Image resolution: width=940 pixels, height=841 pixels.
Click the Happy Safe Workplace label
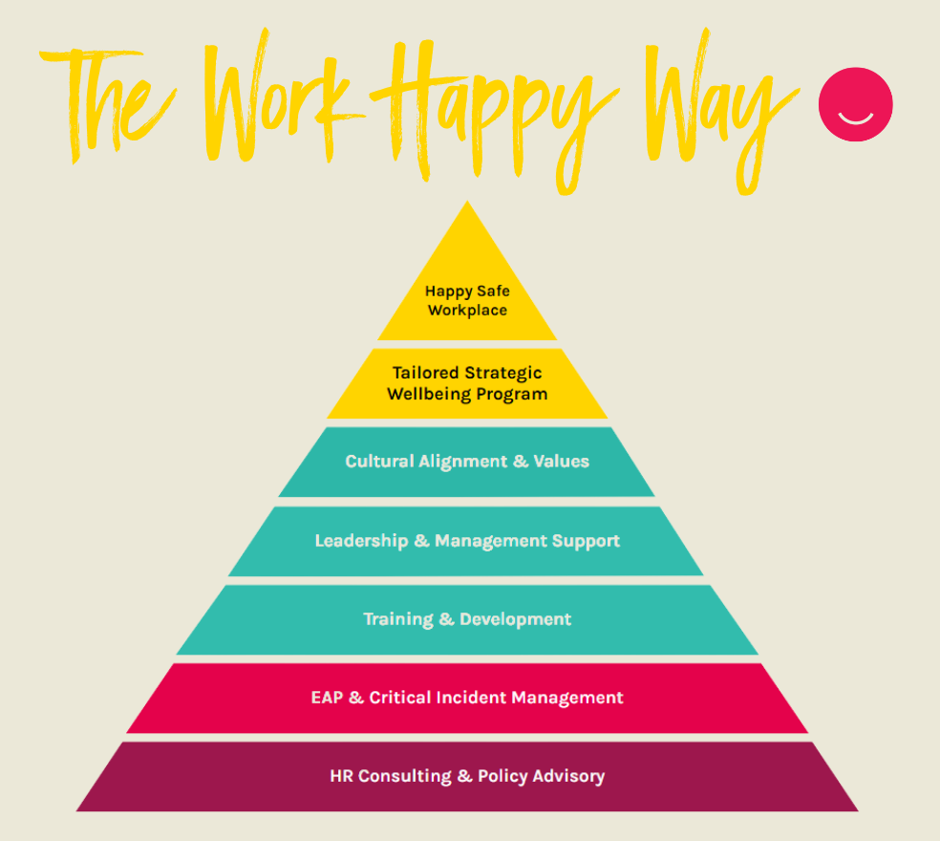coord(467,300)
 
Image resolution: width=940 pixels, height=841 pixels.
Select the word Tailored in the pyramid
coord(425,373)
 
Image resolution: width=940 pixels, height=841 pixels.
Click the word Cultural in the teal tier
coord(379,462)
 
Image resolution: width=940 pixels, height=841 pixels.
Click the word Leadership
coord(360,541)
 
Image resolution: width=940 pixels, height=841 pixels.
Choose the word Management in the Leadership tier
coord(490,541)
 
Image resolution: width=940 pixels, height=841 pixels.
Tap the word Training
coord(397,619)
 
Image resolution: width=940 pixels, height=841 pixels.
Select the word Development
coord(516,619)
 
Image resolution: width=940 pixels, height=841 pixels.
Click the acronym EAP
coord(325,698)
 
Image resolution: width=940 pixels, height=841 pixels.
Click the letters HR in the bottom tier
coord(341,776)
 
